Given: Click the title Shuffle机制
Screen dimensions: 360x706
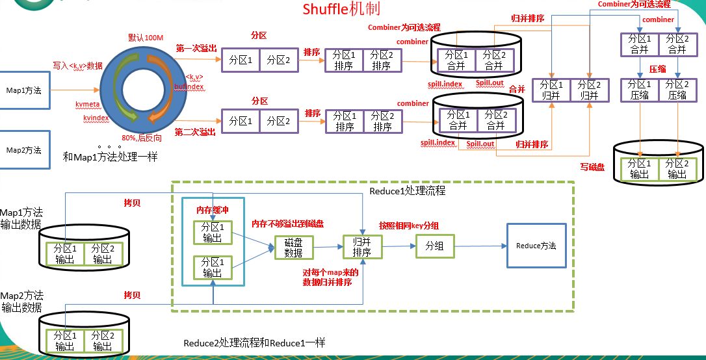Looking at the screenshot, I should click(x=341, y=9).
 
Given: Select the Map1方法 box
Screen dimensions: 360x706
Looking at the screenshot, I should click(x=24, y=90).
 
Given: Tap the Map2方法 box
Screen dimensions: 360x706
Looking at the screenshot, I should click(x=24, y=150).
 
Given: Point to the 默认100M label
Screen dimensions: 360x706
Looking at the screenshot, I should click(x=145, y=38).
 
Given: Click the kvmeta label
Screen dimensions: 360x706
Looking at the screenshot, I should click(x=87, y=103).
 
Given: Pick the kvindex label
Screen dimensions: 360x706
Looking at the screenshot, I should click(x=96, y=118).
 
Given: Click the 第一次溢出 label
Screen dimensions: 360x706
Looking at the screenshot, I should click(x=196, y=48).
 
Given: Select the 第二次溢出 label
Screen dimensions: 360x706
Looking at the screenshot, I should click(x=195, y=132).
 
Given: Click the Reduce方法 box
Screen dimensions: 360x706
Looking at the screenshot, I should click(x=536, y=246).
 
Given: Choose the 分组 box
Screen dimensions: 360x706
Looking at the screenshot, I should click(x=434, y=246).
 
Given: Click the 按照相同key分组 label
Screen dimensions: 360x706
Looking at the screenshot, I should click(x=409, y=225).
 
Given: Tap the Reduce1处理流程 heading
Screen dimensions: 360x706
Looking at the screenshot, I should click(x=407, y=191).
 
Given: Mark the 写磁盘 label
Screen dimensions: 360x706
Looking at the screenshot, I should click(x=592, y=167).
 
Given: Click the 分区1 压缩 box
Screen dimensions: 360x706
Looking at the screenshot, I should click(x=640, y=90).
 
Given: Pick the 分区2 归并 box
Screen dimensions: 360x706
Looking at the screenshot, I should click(x=589, y=90).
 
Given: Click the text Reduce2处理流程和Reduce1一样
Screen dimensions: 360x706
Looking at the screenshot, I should click(x=254, y=342).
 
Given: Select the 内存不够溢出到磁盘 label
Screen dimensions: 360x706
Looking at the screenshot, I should click(x=288, y=224).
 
